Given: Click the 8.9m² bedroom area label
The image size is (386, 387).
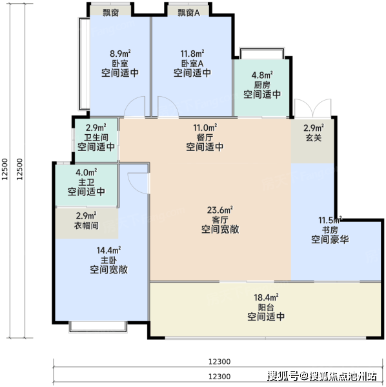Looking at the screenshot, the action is click(x=120, y=54).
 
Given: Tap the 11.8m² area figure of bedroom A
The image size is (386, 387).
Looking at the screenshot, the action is click(x=192, y=54).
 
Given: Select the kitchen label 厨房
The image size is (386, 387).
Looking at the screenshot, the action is click(x=262, y=85).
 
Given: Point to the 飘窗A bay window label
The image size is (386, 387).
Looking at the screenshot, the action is click(x=188, y=13).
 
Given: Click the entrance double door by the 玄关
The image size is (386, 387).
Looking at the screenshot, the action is click(x=312, y=108).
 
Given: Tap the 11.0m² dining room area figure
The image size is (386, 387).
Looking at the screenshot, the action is click(x=205, y=128).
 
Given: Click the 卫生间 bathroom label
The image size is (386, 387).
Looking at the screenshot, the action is click(x=96, y=137).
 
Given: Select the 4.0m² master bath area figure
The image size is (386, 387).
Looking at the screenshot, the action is click(x=86, y=172).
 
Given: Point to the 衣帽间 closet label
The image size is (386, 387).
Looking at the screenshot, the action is click(x=86, y=225).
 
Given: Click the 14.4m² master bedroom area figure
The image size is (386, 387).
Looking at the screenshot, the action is click(x=108, y=250).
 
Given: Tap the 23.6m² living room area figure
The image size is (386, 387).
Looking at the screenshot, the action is click(x=220, y=210).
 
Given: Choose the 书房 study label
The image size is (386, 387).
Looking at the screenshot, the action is click(x=330, y=230).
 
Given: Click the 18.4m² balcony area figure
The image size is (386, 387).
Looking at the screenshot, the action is click(x=266, y=297).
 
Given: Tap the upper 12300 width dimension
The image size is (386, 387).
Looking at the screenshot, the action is click(x=219, y=362).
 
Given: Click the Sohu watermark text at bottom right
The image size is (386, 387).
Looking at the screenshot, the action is click(x=322, y=376).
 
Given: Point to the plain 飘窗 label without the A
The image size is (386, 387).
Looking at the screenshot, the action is click(x=110, y=13).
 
